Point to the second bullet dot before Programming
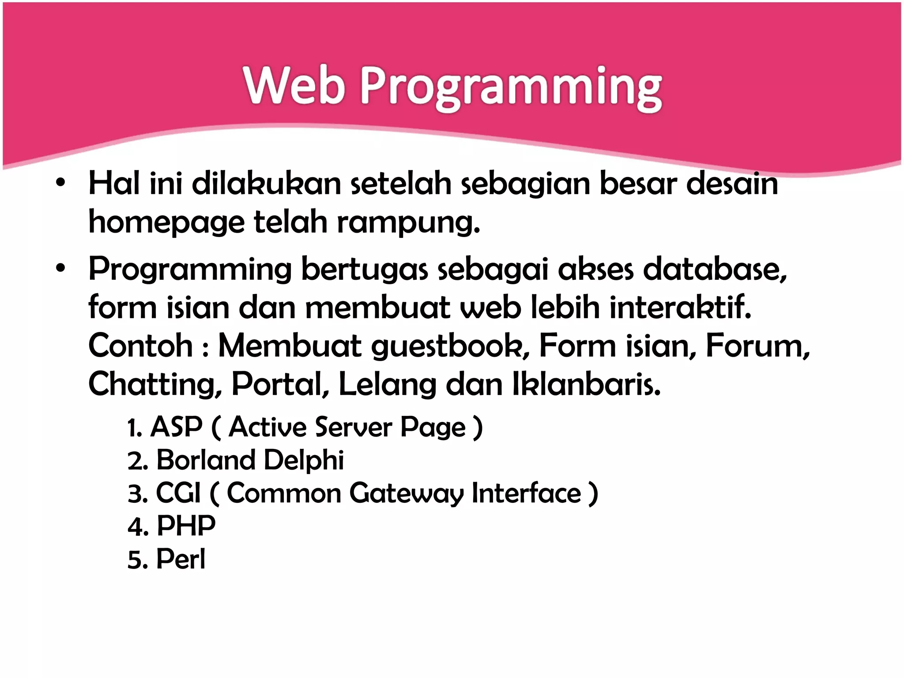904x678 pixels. pyautogui.click(x=60, y=268)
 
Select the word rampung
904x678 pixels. pyautogui.click(x=408, y=222)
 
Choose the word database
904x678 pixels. pyautogui.click(x=715, y=269)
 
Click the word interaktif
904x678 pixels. pyautogui.click(x=680, y=307)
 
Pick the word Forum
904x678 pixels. pyautogui.click(x=757, y=346)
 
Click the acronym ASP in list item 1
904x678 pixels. pyautogui.click(x=177, y=427)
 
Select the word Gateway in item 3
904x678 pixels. pyautogui.click(x=407, y=493)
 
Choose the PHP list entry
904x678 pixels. pyautogui.click(x=186, y=526)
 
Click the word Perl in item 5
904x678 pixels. pyautogui.click(x=181, y=559)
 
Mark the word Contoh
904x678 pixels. pyautogui.click(x=141, y=346)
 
